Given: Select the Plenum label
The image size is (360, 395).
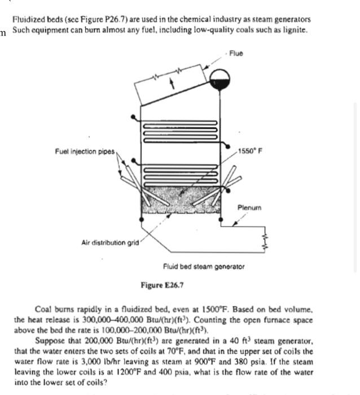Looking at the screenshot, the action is (249, 207).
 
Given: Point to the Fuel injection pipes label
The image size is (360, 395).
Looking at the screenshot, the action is (85, 151).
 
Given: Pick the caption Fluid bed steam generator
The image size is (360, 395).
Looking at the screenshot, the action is (204, 265).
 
